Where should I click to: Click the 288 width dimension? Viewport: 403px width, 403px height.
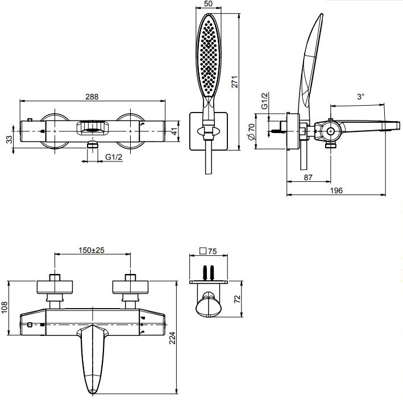(x=92, y=97)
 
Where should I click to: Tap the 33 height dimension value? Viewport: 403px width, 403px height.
(x=9, y=139)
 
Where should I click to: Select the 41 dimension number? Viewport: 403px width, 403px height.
(x=175, y=132)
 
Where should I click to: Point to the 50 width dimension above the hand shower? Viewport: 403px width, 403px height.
(x=208, y=4)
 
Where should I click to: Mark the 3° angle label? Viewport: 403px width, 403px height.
(x=360, y=97)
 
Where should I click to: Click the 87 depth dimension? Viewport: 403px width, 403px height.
(x=308, y=178)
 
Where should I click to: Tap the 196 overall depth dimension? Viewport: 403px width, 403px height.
(x=336, y=191)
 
